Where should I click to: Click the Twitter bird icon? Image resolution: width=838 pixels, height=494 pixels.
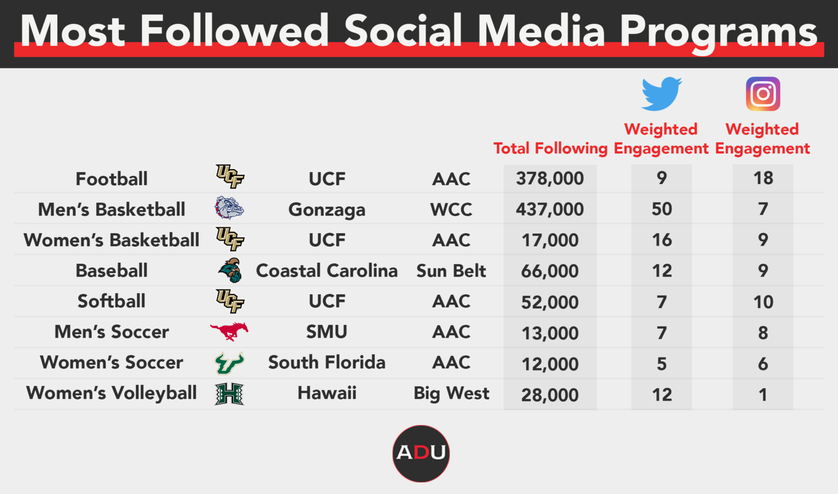click(x=661, y=94)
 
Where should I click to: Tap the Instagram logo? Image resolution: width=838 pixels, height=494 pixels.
click(x=763, y=93)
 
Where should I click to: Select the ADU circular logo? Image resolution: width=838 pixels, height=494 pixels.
click(x=421, y=453)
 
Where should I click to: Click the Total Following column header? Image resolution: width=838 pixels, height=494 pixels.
click(x=550, y=148)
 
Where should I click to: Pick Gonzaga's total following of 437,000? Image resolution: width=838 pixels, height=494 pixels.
click(x=549, y=209)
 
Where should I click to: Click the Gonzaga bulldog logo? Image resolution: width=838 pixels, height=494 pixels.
click(x=229, y=208)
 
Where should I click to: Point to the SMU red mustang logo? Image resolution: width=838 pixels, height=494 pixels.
click(x=229, y=331)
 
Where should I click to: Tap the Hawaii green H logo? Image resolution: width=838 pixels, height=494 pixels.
click(x=229, y=394)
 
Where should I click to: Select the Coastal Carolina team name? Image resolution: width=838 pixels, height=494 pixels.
click(x=327, y=271)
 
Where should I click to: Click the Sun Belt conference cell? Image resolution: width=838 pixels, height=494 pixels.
click(x=451, y=271)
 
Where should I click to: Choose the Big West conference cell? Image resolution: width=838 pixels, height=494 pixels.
click(x=451, y=394)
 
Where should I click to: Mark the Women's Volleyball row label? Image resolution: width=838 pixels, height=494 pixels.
click(x=111, y=393)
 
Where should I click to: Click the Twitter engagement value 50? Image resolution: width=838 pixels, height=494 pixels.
click(x=661, y=209)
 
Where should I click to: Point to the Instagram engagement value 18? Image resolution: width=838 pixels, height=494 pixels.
click(x=763, y=178)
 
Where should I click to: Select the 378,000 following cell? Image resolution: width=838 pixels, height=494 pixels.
click(x=549, y=178)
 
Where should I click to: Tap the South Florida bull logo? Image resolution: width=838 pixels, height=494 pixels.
click(x=229, y=362)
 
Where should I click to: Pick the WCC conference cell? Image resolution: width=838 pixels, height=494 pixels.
click(x=451, y=209)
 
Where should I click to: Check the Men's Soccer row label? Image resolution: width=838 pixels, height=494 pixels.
click(x=111, y=331)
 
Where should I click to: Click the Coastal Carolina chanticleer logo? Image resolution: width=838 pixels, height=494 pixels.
click(x=230, y=270)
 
